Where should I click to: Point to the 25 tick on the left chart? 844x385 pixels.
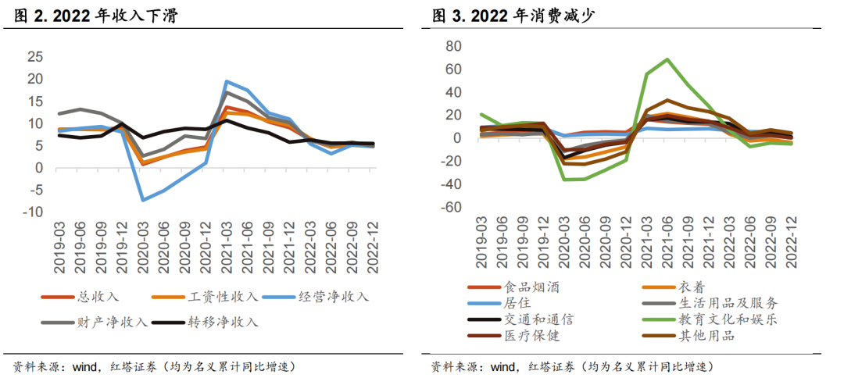(34, 56)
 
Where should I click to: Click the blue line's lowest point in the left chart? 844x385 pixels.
(143, 201)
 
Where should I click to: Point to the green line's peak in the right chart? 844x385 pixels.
(667, 59)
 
